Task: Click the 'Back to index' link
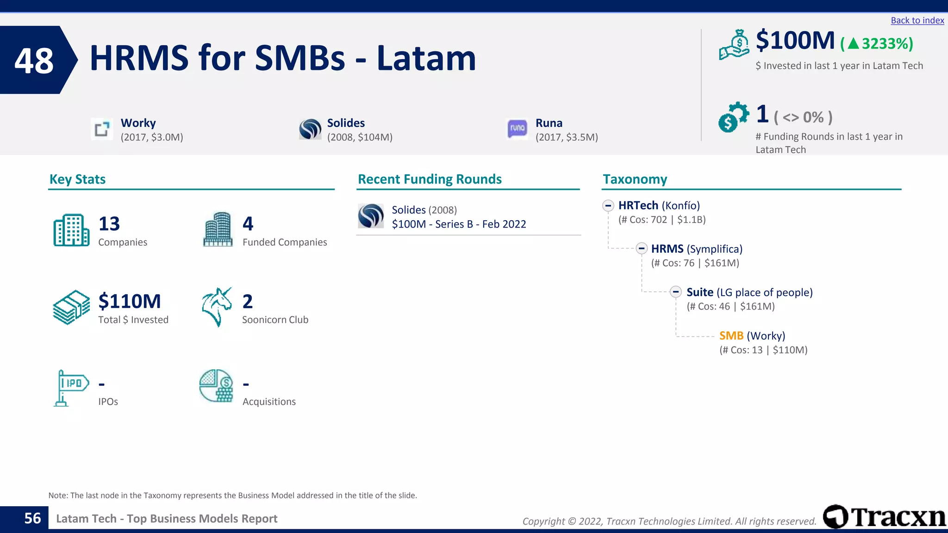coord(917,20)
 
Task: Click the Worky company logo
coord(102,129)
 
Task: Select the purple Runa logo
coord(517,128)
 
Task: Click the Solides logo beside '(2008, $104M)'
coord(310,129)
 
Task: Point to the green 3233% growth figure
coord(877,43)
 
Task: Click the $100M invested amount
coord(795,41)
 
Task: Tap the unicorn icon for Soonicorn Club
coord(217,307)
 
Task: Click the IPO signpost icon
coord(71,388)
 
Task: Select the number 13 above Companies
coord(109,224)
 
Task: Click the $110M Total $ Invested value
coord(130,301)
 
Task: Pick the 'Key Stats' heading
coord(77,179)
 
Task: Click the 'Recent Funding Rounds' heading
coord(430,179)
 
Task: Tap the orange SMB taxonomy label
coord(731,336)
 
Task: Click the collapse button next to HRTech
coord(608,205)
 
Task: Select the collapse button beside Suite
coord(676,292)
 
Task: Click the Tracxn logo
coord(884,516)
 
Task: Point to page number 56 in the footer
coord(32,518)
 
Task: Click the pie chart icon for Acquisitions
coord(216,386)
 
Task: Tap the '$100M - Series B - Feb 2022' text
coord(459,224)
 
